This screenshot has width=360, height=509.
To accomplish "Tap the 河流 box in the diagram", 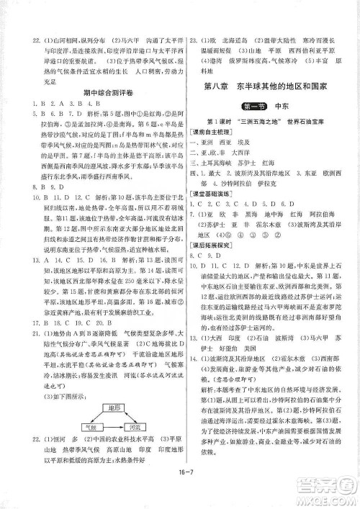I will tap(130, 425).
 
